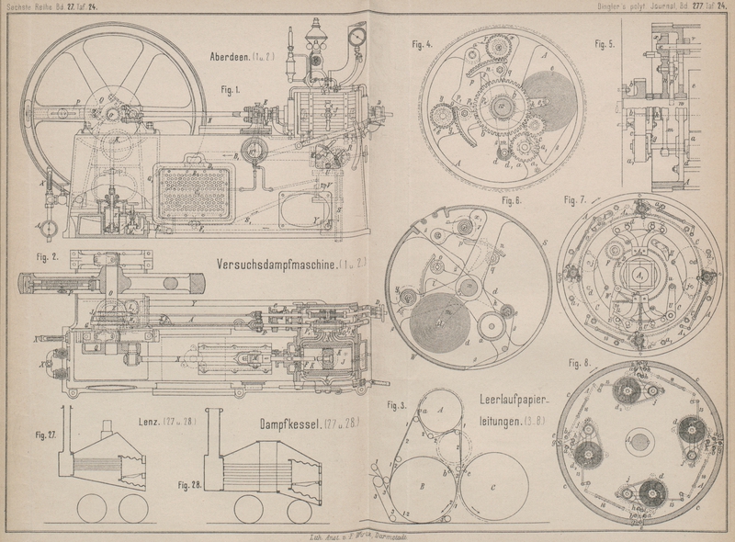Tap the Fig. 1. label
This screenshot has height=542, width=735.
(230, 89)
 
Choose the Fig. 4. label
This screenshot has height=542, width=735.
(423, 43)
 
